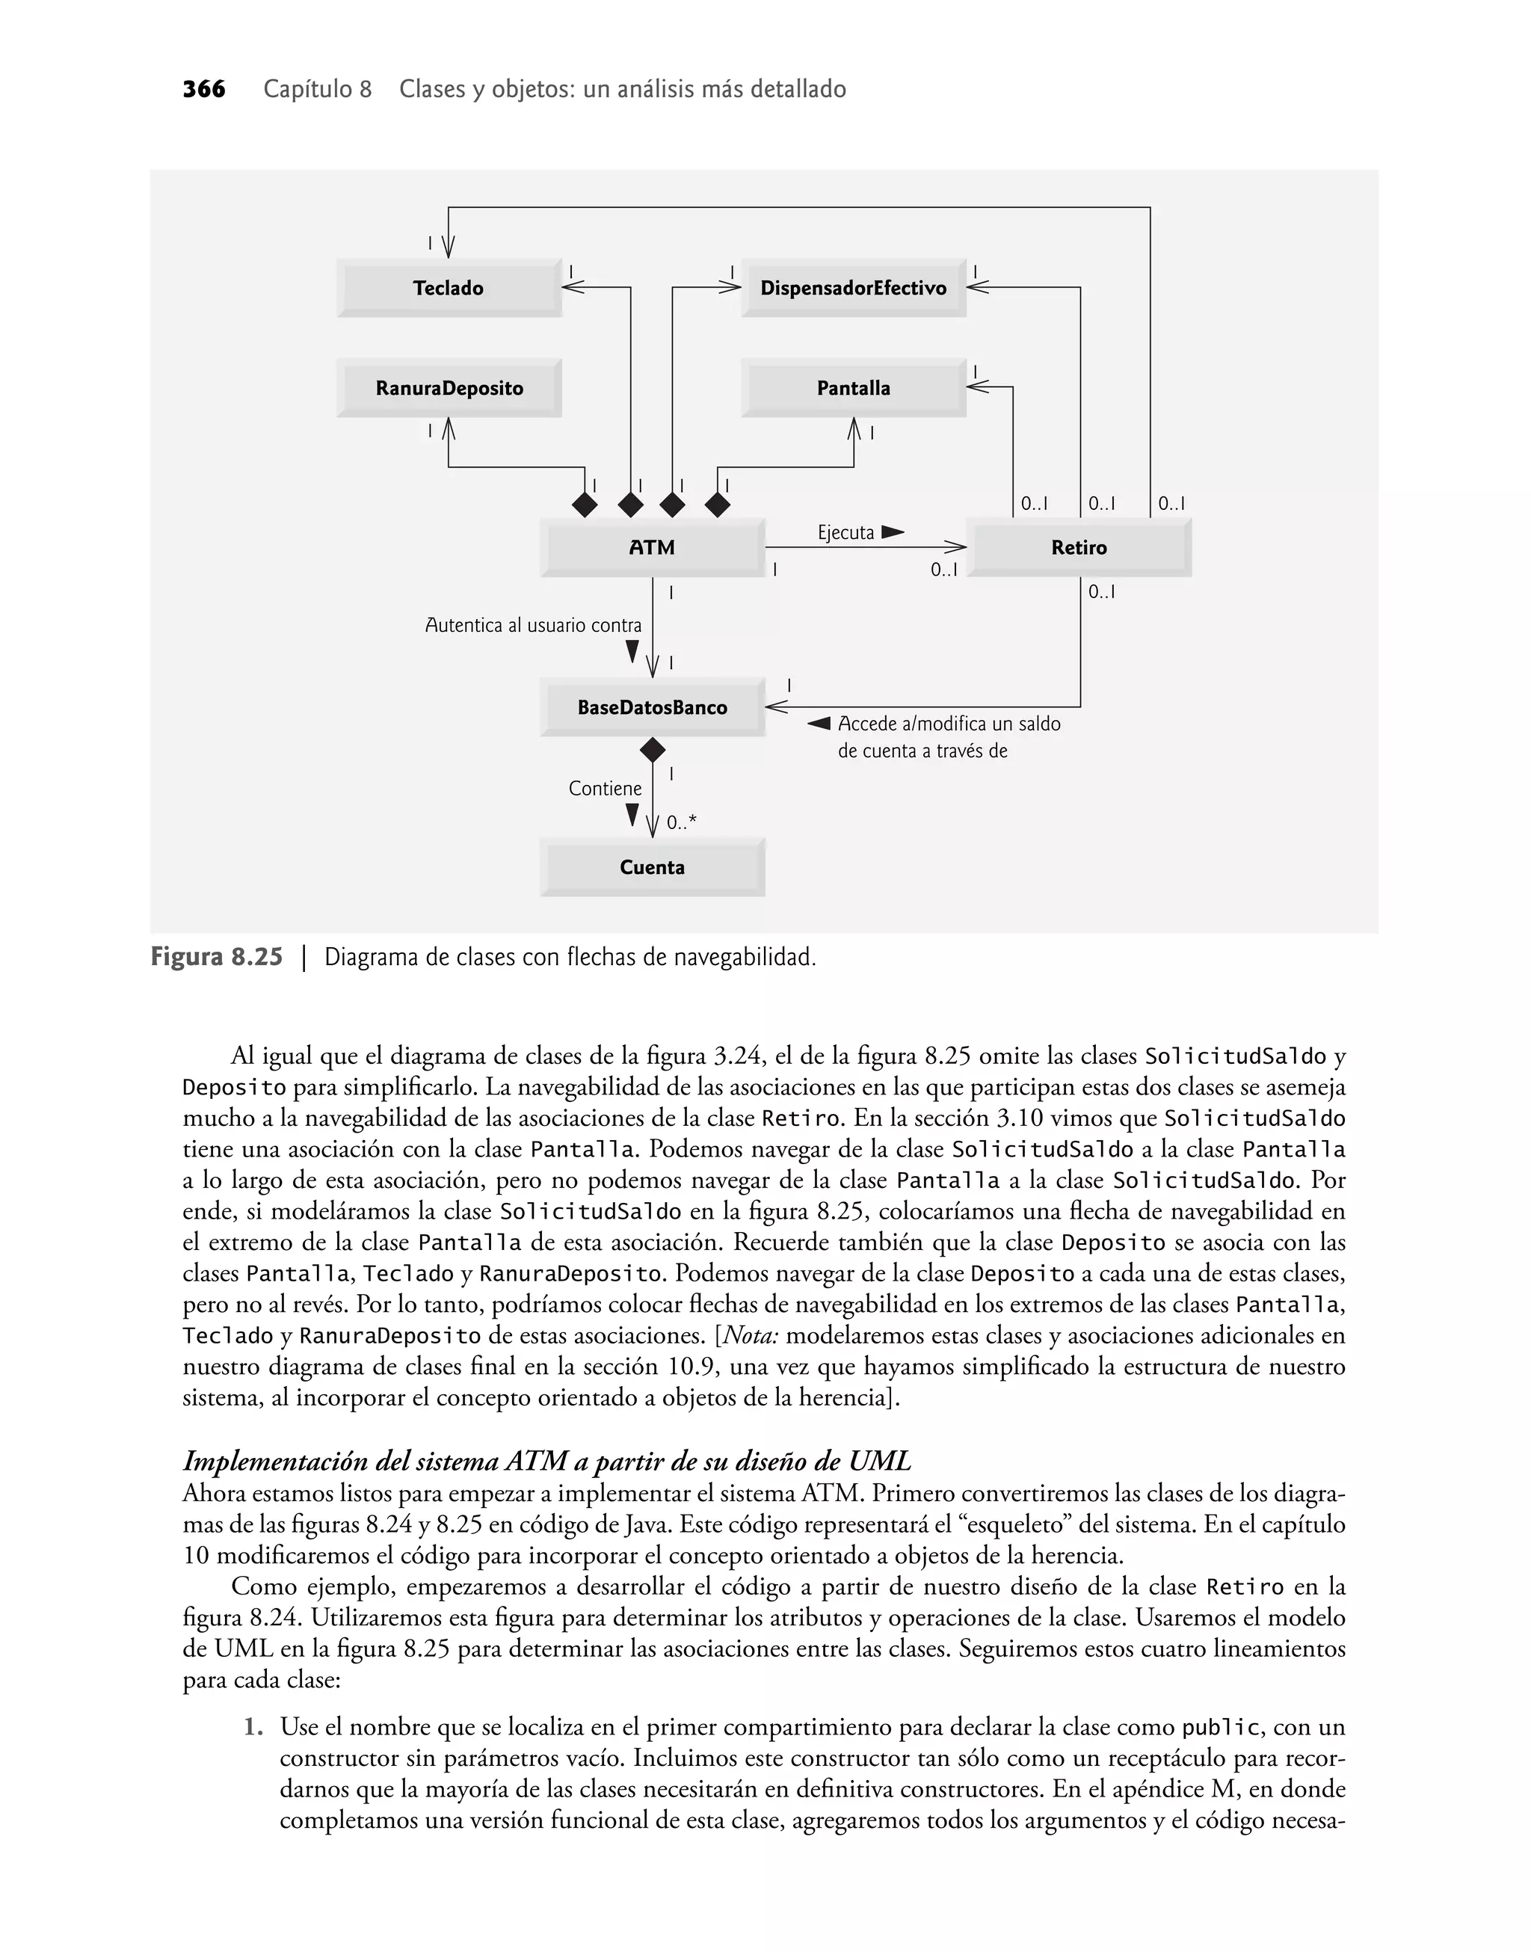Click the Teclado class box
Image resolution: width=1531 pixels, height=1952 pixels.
point(449,288)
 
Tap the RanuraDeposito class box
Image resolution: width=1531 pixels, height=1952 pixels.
point(449,388)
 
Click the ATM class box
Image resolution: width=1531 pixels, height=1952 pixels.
point(652,547)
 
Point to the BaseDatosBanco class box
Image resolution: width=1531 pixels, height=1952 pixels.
point(652,707)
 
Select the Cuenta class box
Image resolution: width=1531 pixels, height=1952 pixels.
point(652,866)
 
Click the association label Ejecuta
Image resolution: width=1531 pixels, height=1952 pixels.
point(845,532)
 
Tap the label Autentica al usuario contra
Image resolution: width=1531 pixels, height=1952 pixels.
point(532,625)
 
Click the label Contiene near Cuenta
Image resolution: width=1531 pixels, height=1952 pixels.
point(605,788)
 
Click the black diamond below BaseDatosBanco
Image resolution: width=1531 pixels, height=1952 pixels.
point(653,749)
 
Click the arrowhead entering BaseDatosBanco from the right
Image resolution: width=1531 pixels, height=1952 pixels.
point(776,707)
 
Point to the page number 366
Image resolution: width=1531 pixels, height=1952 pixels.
point(203,90)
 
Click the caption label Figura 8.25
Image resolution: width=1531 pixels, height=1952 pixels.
point(216,957)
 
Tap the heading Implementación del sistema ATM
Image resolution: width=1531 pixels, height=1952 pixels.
point(546,1461)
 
